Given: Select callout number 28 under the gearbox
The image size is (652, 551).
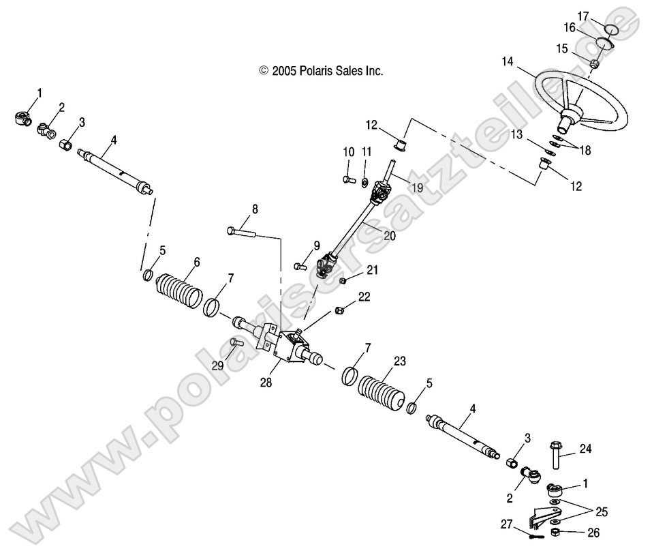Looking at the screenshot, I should (x=266, y=383).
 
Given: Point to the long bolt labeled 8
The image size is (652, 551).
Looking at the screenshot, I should (x=241, y=233).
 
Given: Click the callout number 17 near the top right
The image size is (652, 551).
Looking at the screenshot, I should (x=602, y=15).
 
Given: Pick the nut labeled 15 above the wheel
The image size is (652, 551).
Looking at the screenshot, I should (x=593, y=64).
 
